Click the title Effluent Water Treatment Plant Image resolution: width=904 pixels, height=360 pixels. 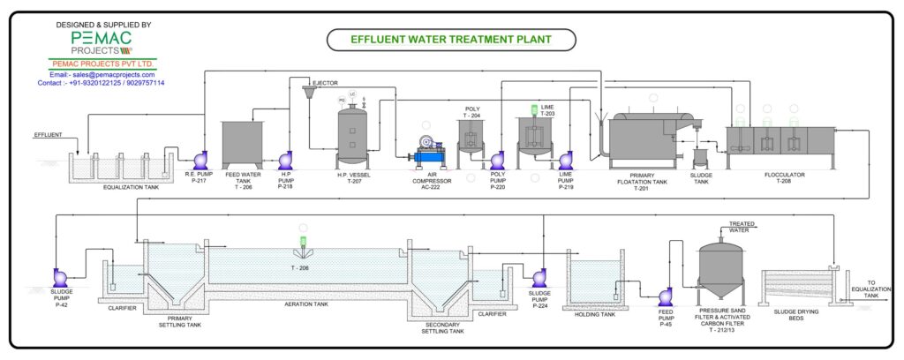451,40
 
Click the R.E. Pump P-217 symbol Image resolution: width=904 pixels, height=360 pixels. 200,159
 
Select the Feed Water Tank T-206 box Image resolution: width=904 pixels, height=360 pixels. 242,141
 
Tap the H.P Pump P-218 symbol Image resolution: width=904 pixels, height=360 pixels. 286,160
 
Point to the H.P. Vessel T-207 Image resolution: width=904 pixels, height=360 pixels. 353,132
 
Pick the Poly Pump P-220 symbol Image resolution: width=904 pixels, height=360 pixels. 497,160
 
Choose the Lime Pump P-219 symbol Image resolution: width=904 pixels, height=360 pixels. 566,160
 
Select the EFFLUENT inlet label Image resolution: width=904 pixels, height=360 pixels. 49,135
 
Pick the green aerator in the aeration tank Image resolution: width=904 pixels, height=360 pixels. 303,242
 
